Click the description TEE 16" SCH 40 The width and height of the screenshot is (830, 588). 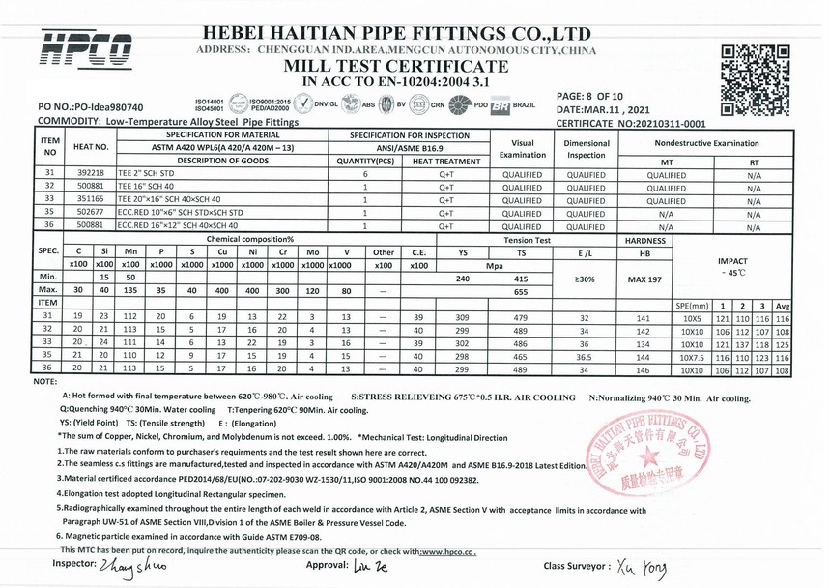click(148, 187)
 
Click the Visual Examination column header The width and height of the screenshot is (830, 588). click(522, 148)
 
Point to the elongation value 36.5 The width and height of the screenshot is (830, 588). click(583, 355)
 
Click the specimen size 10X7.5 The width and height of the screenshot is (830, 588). click(693, 355)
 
